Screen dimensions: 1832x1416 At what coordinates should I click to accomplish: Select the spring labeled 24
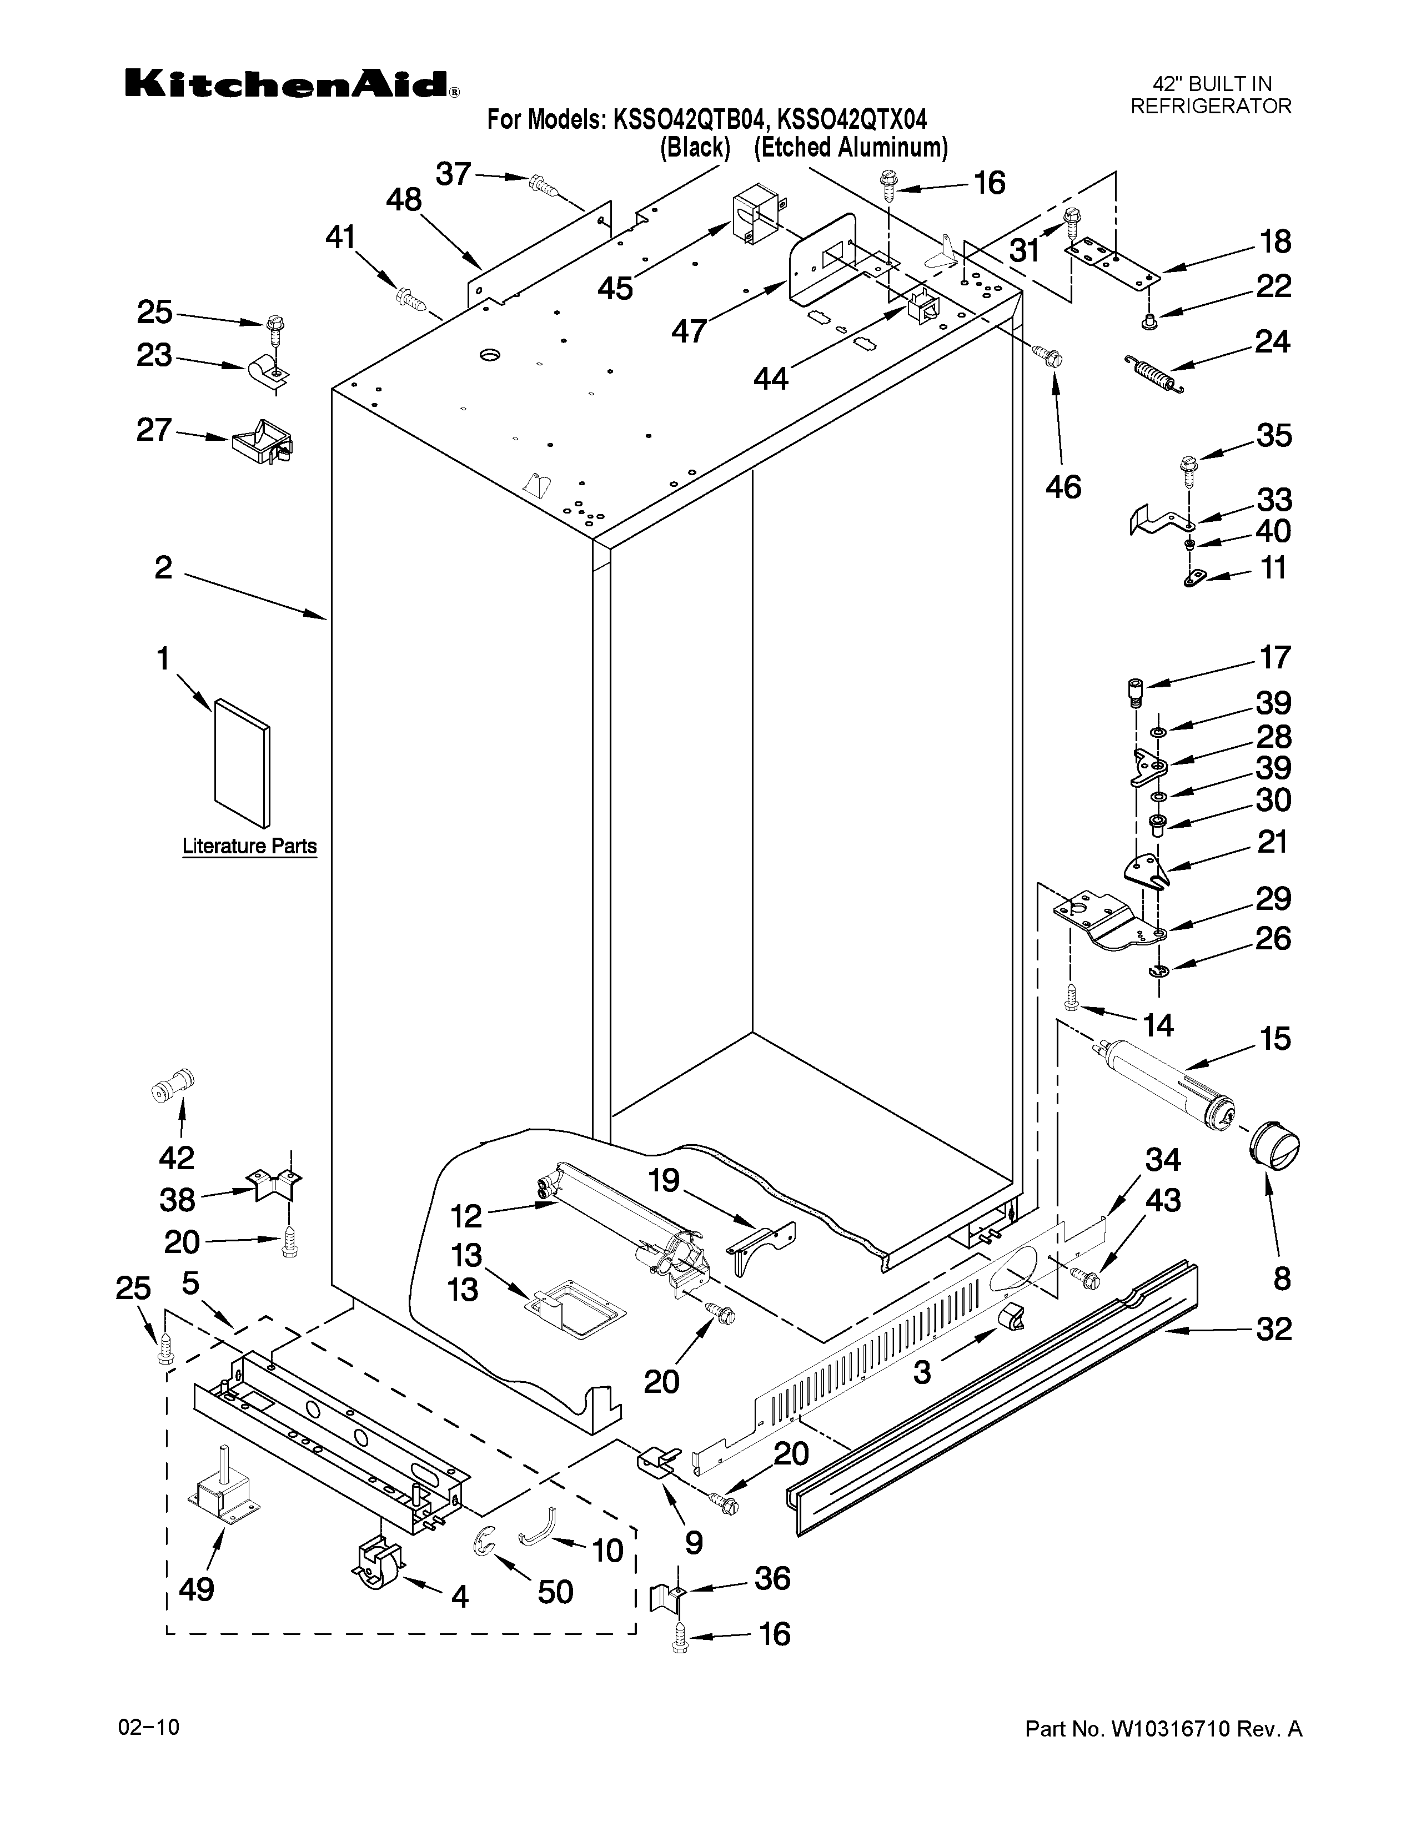(1153, 373)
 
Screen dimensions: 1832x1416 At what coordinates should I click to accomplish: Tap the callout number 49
(196, 1589)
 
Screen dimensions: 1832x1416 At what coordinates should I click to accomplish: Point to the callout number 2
(164, 568)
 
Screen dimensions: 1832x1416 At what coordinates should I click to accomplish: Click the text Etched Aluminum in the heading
(851, 148)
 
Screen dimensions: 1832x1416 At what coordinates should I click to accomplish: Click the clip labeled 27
(263, 442)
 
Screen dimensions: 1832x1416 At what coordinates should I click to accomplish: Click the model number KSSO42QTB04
(685, 120)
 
